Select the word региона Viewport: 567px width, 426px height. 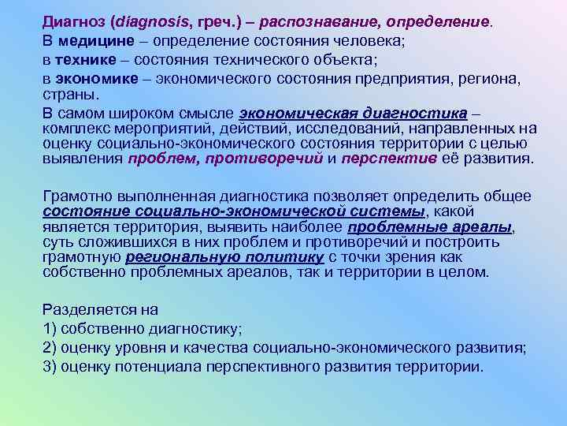click(495, 79)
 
